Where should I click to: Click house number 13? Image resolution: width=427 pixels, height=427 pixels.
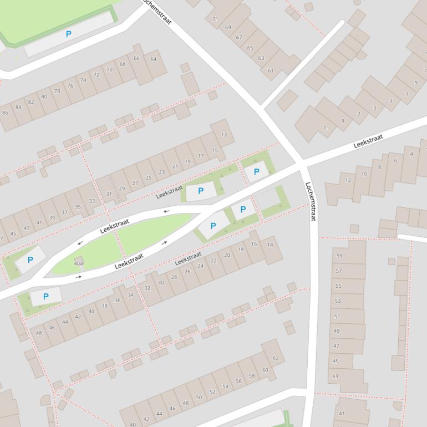[224, 135]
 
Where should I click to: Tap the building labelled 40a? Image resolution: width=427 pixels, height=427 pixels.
[78, 263]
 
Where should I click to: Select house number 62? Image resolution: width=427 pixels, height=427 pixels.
[276, 358]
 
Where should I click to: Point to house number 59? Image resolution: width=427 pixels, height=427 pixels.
[339, 256]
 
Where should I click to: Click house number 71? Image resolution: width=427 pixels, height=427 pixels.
[215, 19]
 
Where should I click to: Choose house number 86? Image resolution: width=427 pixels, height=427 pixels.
[5, 113]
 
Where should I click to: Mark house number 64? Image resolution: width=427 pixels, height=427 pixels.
[154, 59]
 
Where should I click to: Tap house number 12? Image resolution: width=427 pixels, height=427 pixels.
[348, 180]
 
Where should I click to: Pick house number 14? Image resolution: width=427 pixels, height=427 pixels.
[270, 245]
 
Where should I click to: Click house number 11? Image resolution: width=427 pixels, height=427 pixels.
[326, 128]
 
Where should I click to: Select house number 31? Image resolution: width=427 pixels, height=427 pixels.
[109, 194]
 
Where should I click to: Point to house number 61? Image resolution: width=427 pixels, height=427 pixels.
[271, 70]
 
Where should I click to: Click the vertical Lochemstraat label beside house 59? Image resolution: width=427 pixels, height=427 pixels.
[309, 202]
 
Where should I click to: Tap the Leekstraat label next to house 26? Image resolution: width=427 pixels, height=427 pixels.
[188, 259]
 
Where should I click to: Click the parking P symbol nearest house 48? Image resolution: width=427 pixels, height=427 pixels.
[45, 297]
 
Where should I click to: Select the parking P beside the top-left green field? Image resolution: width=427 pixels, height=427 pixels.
[69, 34]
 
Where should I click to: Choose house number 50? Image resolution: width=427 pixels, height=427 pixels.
[199, 398]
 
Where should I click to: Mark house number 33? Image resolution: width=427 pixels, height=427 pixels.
[91, 201]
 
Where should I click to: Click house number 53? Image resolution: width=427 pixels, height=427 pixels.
[337, 301]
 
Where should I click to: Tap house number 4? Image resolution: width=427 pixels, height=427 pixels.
[411, 154]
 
